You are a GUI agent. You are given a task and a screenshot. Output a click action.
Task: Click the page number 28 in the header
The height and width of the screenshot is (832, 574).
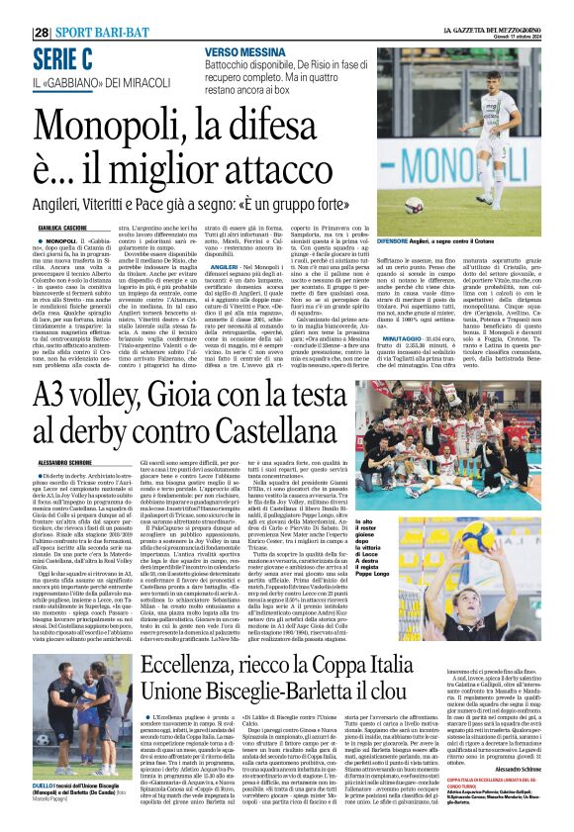click(x=41, y=33)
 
